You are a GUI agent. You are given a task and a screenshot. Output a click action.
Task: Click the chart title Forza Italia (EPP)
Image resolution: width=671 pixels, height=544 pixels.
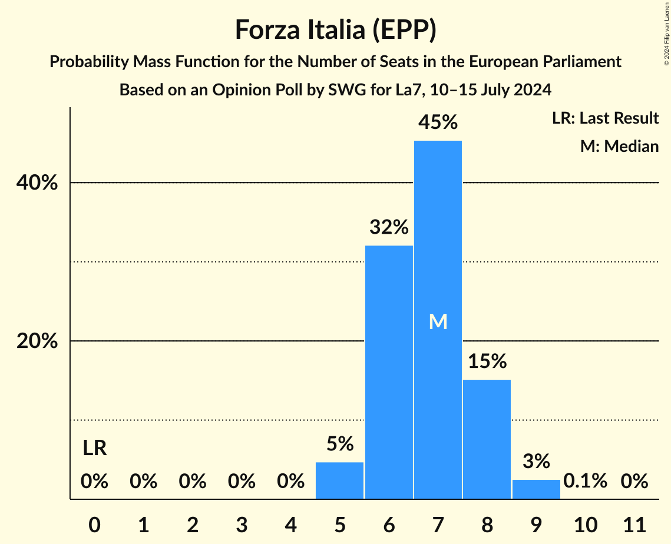coord(335,29)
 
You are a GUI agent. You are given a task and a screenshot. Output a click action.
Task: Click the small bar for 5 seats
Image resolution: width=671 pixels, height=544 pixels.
coord(340,480)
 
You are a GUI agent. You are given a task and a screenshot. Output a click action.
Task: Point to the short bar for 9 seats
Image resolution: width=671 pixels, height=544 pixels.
coord(536,489)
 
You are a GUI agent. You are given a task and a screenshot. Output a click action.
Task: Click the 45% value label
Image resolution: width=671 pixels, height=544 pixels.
coord(438,122)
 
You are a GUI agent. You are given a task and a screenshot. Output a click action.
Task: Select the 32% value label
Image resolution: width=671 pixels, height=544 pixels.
coord(389,227)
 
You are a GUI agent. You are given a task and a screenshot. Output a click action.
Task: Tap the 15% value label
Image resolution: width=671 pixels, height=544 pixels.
coord(487,361)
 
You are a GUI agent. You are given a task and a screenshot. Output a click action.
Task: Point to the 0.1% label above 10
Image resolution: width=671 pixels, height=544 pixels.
coord(585,482)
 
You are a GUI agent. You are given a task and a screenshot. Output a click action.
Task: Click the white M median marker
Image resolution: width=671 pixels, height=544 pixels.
coord(438,321)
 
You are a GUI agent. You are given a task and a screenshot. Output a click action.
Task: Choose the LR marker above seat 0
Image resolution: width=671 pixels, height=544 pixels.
coord(94,449)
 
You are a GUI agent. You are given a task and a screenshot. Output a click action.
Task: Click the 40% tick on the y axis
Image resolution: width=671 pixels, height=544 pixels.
coord(37,183)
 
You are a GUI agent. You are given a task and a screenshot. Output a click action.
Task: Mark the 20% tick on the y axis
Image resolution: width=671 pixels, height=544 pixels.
coord(37,341)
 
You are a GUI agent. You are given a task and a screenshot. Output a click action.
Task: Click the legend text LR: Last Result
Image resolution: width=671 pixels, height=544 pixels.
coord(605,118)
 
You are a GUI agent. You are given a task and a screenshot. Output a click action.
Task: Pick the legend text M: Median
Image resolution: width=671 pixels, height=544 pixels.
coord(619,146)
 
